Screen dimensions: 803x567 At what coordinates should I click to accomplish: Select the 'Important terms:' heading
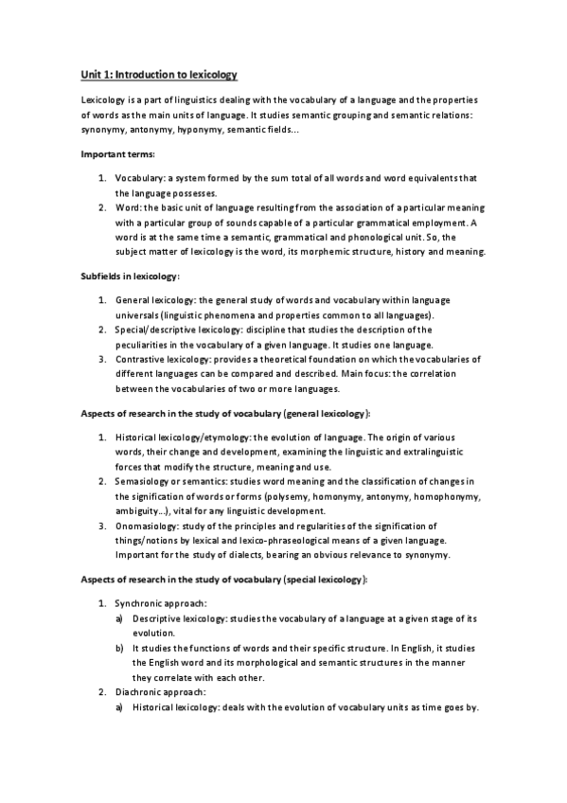tap(119, 153)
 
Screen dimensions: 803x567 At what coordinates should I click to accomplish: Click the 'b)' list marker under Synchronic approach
tap(119, 648)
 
